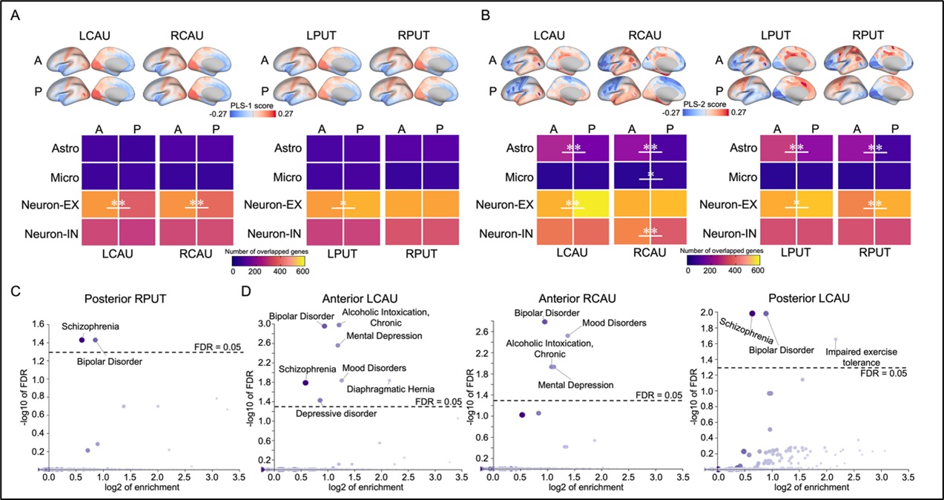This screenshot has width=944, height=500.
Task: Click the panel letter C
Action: [x=17, y=283]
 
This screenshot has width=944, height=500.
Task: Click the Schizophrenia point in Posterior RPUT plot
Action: [x=82, y=340]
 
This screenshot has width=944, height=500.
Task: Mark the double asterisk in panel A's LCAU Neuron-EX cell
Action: [x=119, y=203]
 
